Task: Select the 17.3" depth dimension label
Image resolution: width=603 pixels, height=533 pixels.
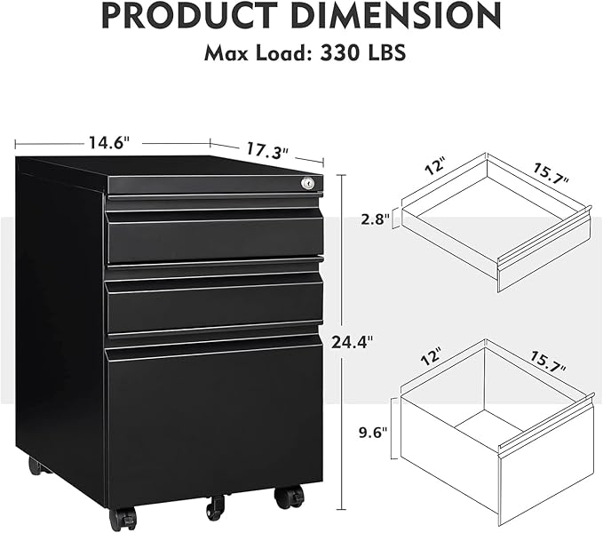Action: point(267,151)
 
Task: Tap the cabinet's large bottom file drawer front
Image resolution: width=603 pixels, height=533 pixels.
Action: point(213,418)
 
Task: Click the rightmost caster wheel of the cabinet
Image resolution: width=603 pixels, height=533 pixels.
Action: point(289,497)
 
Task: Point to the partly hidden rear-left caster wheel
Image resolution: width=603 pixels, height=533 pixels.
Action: point(35,465)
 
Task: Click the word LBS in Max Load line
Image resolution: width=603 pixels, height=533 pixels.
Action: point(385,52)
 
